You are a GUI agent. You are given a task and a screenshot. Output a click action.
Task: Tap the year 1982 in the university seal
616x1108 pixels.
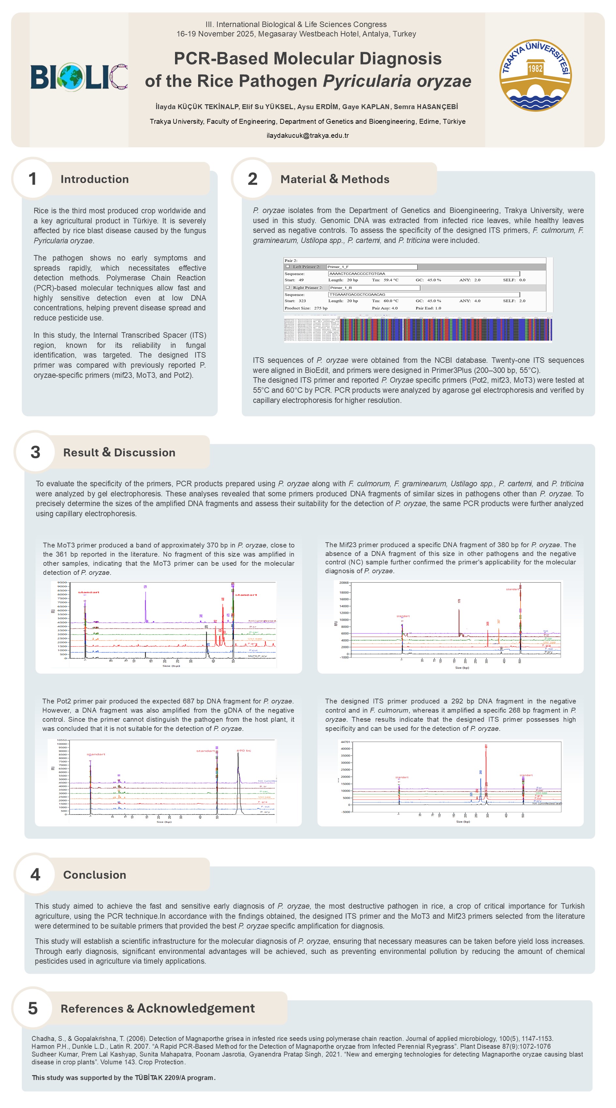[535, 68]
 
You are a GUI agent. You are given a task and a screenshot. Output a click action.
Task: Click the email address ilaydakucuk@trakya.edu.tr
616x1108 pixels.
[307, 135]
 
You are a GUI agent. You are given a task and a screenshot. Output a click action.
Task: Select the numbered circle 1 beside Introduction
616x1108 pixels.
[32, 179]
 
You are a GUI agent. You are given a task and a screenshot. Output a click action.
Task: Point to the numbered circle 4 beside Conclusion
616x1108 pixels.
[35, 874]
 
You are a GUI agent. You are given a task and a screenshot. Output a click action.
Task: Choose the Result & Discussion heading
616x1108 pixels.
[119, 452]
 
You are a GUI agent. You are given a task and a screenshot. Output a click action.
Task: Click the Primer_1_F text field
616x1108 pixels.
[372, 267]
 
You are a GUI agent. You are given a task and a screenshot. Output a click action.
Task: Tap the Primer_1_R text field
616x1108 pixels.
[374, 288]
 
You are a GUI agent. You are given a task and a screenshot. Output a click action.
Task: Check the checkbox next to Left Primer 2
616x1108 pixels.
[288, 267]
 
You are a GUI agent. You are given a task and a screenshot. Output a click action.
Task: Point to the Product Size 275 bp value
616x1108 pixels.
[320, 308]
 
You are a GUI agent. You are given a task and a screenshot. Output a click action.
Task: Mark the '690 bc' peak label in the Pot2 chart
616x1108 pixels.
[244, 751]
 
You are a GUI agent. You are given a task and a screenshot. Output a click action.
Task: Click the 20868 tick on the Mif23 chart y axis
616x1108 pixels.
[344, 582]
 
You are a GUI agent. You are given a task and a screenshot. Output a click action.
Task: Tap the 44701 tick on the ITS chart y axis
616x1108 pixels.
[345, 742]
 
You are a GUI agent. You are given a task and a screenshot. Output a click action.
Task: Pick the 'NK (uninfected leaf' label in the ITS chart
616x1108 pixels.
[547, 803]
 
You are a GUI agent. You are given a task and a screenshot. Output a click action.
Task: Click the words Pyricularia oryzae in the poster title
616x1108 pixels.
[397, 81]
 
